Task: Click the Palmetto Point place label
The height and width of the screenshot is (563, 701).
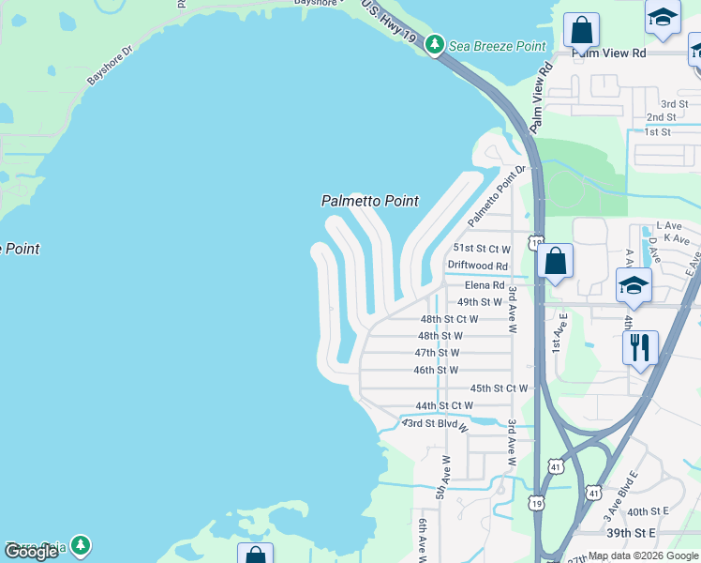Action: coord(369,201)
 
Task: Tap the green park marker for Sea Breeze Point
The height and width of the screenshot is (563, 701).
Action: coord(434,45)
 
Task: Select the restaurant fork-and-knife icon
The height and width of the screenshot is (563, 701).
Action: coord(640,347)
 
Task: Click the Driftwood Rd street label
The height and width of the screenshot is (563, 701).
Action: coord(477,266)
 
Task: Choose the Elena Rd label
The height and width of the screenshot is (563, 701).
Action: coord(485,284)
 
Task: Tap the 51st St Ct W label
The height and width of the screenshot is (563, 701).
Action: coord(481,249)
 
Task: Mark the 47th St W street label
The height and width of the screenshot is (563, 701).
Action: coord(437,353)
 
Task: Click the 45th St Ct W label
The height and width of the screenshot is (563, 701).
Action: coord(499,388)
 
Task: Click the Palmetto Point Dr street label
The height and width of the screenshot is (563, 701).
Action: coord(492,196)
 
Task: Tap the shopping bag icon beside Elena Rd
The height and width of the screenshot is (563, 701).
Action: coord(555,261)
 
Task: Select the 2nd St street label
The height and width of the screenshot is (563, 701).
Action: coord(661,117)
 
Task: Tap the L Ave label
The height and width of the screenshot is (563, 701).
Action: coord(668,226)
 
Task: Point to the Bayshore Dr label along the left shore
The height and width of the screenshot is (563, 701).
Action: coord(111,65)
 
